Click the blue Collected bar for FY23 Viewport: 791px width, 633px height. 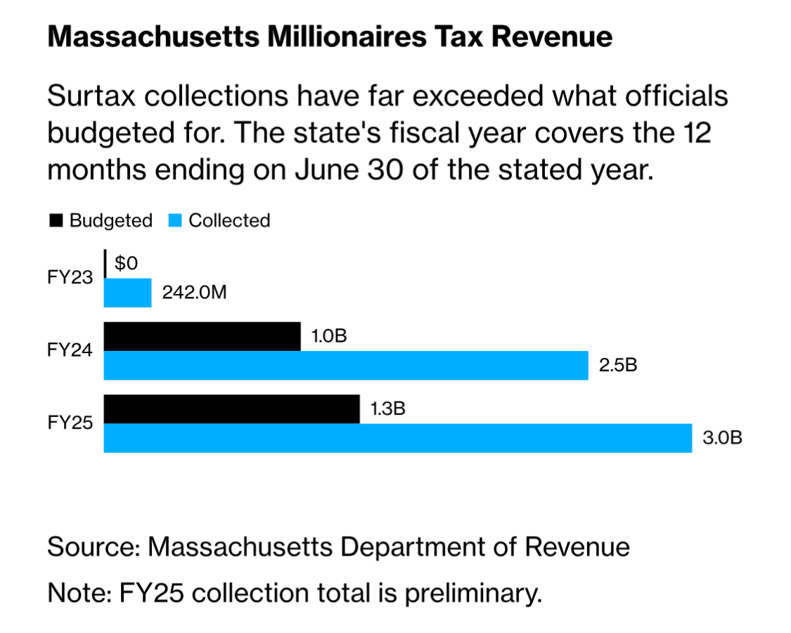pos(127,293)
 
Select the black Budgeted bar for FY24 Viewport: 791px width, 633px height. pos(202,336)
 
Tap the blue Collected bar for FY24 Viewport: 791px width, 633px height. pos(345,366)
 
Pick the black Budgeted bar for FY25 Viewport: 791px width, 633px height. pos(231,409)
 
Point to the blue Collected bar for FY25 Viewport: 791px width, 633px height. pos(397,438)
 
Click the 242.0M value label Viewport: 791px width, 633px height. pos(194,293)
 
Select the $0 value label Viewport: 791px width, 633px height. pos(127,264)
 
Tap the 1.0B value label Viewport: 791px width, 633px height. pos(328,336)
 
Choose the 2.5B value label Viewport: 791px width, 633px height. pos(617,366)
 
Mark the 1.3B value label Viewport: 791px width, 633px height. pos(387,409)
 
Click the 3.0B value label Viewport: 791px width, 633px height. pos(722,438)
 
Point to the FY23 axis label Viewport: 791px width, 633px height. pos(70,278)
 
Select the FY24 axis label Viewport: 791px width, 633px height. pos(70,350)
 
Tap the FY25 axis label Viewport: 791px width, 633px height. pos(70,423)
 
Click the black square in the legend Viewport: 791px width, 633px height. pos(55,221)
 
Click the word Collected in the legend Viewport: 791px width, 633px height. pos(229,221)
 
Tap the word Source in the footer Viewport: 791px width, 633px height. pos(91,546)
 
